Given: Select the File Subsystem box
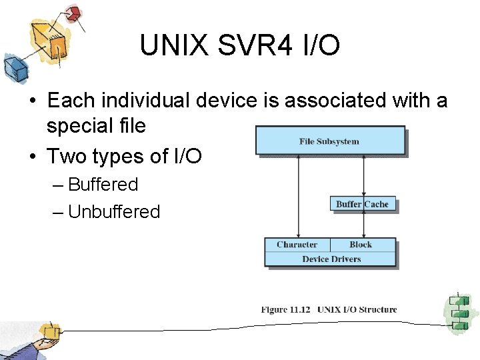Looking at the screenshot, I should [330, 141].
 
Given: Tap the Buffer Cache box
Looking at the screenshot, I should [363, 204].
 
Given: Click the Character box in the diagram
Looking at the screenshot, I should [297, 245].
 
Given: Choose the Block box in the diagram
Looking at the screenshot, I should [363, 245].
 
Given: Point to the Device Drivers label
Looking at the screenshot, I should [331, 259].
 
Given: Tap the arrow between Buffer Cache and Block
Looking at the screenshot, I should [363, 225].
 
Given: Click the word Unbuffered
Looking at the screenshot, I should [114, 212].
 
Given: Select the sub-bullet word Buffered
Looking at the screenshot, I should [103, 185].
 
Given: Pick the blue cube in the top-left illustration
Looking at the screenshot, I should [13, 67].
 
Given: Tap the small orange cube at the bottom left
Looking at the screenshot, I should [49, 330].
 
